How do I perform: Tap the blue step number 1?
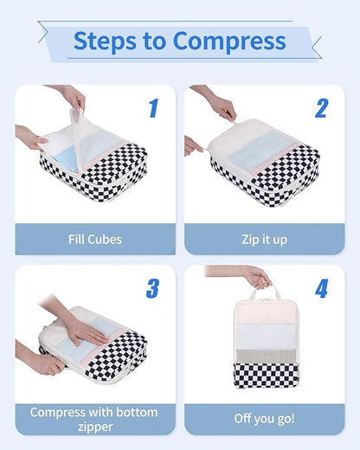tap(153, 108)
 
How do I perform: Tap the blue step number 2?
tap(321, 108)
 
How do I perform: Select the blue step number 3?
tap(153, 288)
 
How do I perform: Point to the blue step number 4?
tap(321, 288)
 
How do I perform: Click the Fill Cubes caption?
tap(95, 238)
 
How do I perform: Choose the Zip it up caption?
tap(265, 238)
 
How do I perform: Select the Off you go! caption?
tap(265, 418)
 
